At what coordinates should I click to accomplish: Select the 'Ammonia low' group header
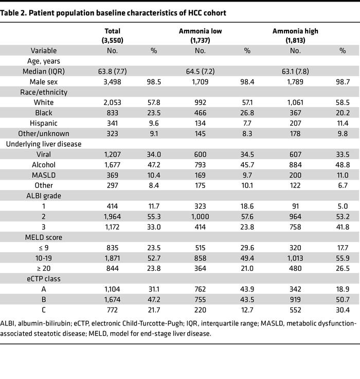point(200,31)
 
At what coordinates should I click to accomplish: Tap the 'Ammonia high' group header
point(295,31)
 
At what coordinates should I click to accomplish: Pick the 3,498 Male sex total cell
point(112,81)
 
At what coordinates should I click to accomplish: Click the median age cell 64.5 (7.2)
point(200,71)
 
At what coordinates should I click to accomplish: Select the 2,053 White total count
point(112,102)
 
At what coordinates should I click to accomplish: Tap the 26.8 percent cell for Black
point(247,113)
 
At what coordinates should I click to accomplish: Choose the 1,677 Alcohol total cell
point(112,165)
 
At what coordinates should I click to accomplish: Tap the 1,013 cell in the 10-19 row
point(295,259)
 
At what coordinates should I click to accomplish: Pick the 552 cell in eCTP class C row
point(295,310)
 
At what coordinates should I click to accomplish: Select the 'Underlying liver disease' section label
point(44,144)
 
